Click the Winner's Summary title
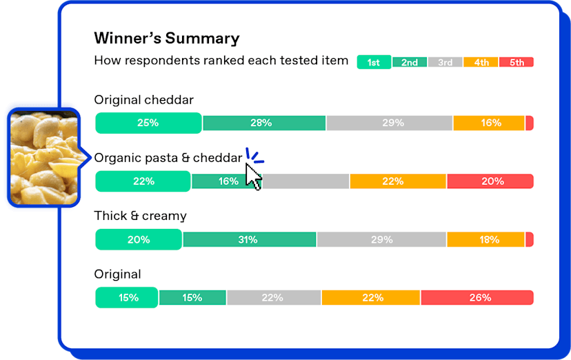(x=167, y=38)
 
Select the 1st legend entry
(x=374, y=62)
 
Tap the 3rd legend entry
(x=445, y=62)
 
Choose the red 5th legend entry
(x=517, y=62)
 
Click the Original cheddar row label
(x=144, y=100)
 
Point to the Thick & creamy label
(x=140, y=216)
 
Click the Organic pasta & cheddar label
(x=168, y=158)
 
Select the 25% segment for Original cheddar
(x=148, y=123)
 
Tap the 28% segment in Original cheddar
(x=264, y=123)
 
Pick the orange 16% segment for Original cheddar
(x=489, y=123)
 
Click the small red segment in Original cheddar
(x=530, y=123)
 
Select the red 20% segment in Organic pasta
(x=490, y=181)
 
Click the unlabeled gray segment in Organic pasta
(x=305, y=181)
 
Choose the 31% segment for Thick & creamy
(x=250, y=239)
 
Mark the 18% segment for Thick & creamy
(x=485, y=239)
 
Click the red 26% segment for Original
(x=477, y=298)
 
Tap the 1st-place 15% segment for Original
(x=127, y=298)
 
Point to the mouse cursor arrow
(x=253, y=177)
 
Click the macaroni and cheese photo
(x=43, y=158)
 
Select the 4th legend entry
(x=481, y=62)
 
